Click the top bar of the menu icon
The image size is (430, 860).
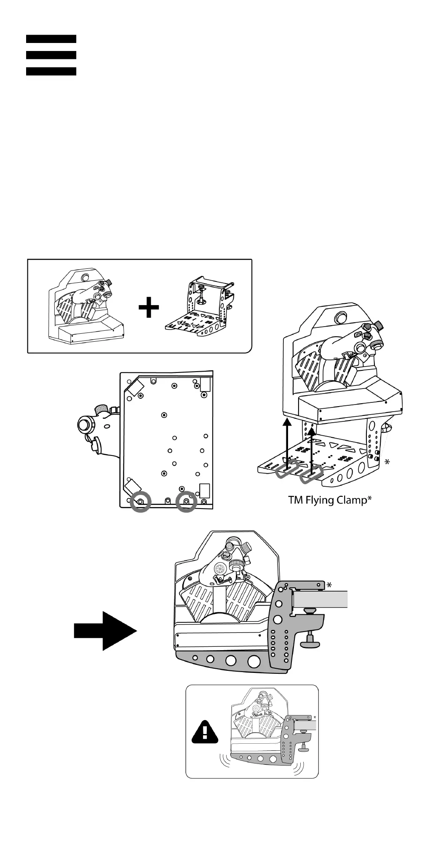(51, 39)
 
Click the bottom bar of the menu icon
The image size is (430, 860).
(51, 71)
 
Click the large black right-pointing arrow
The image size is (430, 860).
(105, 631)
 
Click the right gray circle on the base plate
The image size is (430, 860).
(187, 501)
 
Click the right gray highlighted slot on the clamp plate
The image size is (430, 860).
(312, 475)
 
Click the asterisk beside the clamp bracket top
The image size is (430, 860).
(329, 585)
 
